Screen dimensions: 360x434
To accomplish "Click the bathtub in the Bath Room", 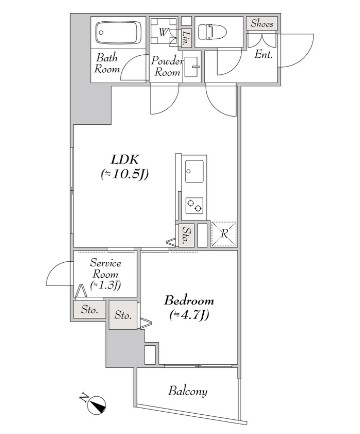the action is (x=118, y=32).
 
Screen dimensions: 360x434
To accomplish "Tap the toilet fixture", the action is (x=212, y=32).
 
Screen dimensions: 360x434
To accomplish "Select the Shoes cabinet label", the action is (x=262, y=23).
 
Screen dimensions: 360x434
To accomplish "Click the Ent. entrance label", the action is (x=263, y=54).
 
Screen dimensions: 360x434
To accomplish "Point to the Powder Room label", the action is (x=167, y=66).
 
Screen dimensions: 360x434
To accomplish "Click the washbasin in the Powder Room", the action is (x=191, y=67).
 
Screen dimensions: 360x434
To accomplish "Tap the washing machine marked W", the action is (x=163, y=31).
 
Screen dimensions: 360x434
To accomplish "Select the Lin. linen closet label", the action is (x=186, y=36).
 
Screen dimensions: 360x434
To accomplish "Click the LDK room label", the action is (x=125, y=159).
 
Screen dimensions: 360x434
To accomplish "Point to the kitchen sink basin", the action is (x=194, y=171).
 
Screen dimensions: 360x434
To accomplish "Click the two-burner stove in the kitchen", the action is (x=194, y=206).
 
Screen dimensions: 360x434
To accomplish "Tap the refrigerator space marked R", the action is (x=224, y=234).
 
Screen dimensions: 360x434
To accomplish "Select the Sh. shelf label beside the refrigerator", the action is (x=187, y=235).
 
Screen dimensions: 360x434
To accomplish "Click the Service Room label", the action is (x=105, y=274).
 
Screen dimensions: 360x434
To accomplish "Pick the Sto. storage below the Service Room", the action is (x=89, y=310).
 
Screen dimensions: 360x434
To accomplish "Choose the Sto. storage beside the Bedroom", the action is (x=123, y=315).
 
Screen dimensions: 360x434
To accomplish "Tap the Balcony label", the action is (x=188, y=391).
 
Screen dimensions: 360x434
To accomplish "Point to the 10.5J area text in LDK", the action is (x=125, y=174).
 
